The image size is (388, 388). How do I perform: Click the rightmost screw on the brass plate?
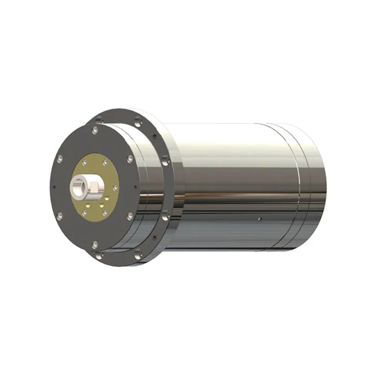(116, 187)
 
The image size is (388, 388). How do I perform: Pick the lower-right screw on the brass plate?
(105, 212)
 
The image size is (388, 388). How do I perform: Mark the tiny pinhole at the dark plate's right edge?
(136, 187)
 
